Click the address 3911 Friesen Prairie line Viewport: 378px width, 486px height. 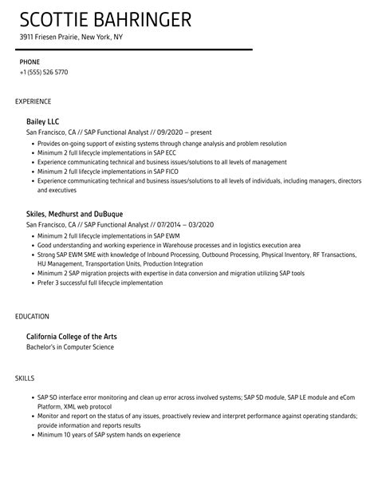(x=72, y=37)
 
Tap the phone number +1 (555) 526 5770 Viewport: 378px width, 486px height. (x=44, y=72)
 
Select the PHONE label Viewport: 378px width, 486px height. (x=30, y=61)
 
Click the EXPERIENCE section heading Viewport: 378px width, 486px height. (x=33, y=101)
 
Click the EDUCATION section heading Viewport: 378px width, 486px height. (x=32, y=317)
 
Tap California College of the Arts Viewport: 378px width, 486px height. (x=71, y=337)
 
